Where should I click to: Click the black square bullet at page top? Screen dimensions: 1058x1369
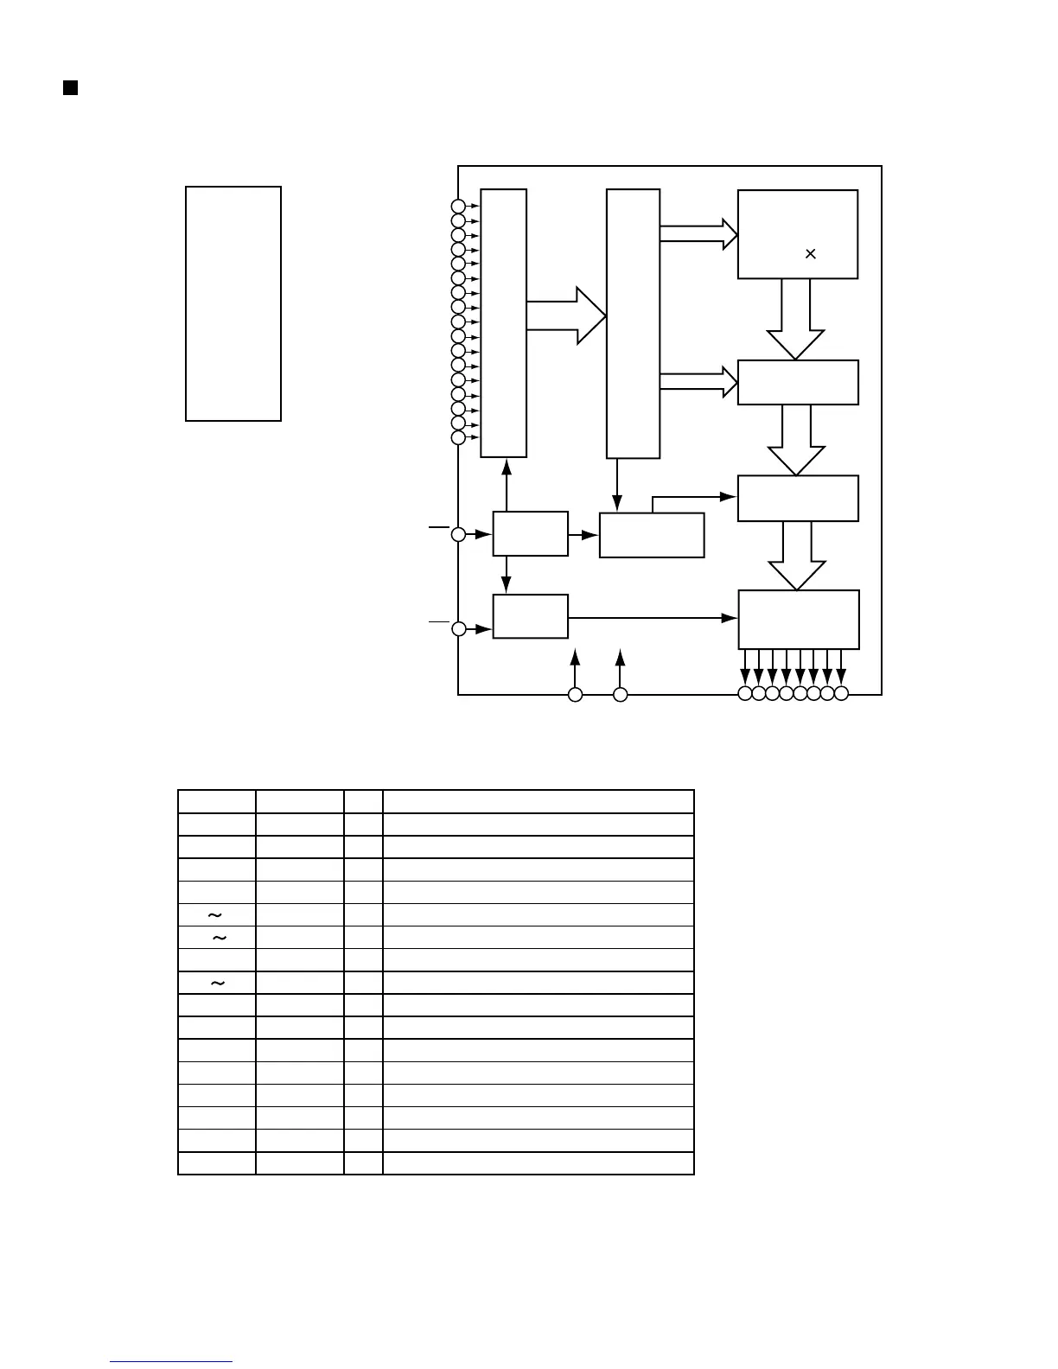[x=71, y=88]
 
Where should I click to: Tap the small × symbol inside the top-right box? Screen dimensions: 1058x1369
[x=811, y=253]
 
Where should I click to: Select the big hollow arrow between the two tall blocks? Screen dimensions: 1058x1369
[x=567, y=315]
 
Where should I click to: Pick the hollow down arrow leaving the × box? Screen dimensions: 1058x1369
[x=796, y=319]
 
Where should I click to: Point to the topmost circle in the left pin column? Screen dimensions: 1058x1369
[x=458, y=206]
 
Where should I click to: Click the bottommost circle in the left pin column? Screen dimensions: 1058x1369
[x=458, y=437]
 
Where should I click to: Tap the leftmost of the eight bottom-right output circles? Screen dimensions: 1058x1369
[x=745, y=693]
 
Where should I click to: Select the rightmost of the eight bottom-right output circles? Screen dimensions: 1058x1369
[x=842, y=693]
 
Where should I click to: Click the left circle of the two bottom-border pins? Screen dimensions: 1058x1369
[x=575, y=694]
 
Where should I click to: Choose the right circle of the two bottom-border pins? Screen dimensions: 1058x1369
[x=620, y=694]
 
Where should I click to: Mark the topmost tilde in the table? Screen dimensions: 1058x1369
[x=215, y=914]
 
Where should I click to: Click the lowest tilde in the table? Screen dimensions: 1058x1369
[x=218, y=983]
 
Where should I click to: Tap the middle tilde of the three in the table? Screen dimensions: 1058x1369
[x=220, y=938]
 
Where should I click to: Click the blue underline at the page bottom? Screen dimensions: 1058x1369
[x=171, y=1362]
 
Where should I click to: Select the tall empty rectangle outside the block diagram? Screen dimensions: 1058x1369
[x=233, y=303]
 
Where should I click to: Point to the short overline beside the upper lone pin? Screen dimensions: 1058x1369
[x=439, y=525]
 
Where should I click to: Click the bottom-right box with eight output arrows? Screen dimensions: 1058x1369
[x=799, y=619]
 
